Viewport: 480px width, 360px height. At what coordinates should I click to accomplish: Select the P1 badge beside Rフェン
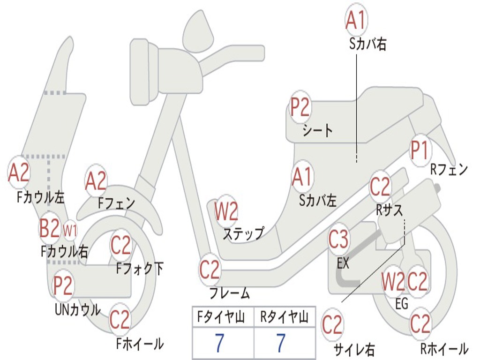click(420, 150)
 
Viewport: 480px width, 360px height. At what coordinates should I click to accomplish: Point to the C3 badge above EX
click(338, 240)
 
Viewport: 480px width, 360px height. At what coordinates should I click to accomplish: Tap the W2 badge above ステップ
click(226, 211)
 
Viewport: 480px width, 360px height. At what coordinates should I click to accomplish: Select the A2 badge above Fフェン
click(96, 181)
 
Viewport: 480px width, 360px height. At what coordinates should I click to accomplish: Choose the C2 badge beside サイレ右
click(332, 325)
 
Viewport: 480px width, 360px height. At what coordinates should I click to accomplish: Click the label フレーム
click(229, 293)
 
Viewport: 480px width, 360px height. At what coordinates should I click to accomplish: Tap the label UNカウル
click(77, 310)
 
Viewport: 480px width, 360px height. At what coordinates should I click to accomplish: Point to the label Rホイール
click(443, 349)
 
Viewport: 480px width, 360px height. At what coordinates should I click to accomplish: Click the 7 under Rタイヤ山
click(281, 344)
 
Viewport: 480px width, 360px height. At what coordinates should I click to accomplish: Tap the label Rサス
click(389, 210)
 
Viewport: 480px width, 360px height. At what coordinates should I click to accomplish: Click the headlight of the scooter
click(141, 71)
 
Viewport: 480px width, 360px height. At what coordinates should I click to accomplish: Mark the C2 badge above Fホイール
click(120, 320)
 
